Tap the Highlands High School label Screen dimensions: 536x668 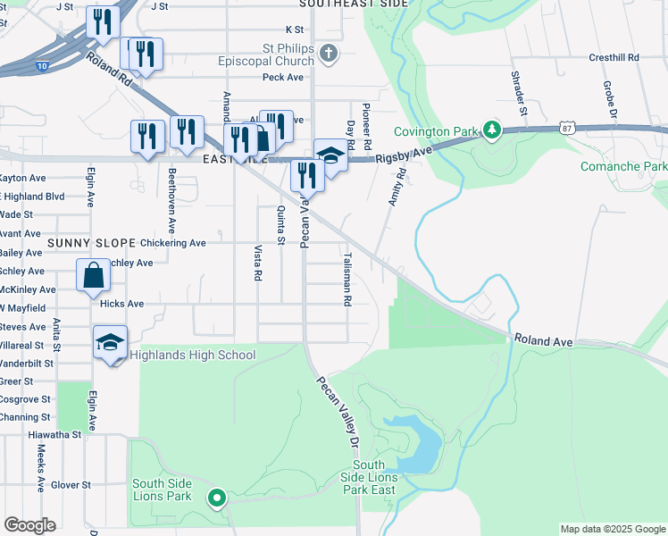(x=193, y=356)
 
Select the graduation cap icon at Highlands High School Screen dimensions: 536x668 (x=111, y=343)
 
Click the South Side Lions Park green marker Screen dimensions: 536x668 (x=215, y=498)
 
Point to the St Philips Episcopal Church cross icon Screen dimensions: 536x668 (x=329, y=54)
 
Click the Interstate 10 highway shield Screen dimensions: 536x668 (x=45, y=66)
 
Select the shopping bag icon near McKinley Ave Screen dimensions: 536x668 (x=94, y=276)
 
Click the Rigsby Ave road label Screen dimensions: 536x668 (x=404, y=153)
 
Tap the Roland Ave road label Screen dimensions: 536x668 (x=542, y=341)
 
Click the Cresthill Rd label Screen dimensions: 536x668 (x=614, y=57)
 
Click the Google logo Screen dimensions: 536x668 (x=29, y=525)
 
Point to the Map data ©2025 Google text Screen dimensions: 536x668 (x=613, y=529)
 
